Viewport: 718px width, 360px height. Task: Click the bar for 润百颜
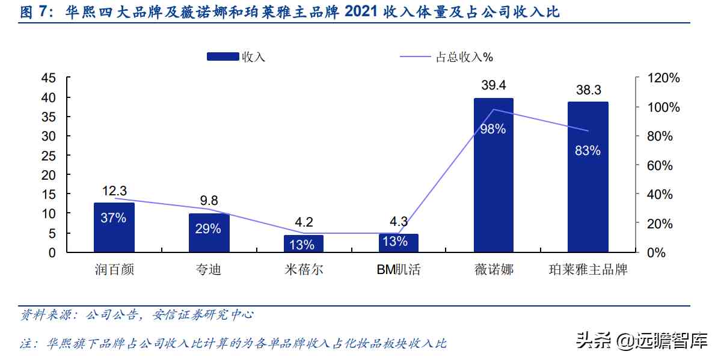[x=114, y=228]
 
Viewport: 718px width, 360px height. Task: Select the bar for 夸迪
[x=209, y=233]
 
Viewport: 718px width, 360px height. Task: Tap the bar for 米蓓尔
[x=304, y=243]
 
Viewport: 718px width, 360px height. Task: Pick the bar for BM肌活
[x=398, y=243]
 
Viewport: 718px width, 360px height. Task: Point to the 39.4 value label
[x=493, y=85]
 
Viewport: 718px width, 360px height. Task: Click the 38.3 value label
[x=588, y=90]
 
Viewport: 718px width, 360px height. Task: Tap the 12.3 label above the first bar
[x=114, y=191]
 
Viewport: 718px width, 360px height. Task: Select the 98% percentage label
[x=493, y=129]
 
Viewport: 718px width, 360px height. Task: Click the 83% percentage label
[x=588, y=151]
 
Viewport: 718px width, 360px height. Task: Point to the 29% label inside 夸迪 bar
[x=209, y=229]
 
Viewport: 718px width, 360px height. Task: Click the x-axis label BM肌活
[x=398, y=269]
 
